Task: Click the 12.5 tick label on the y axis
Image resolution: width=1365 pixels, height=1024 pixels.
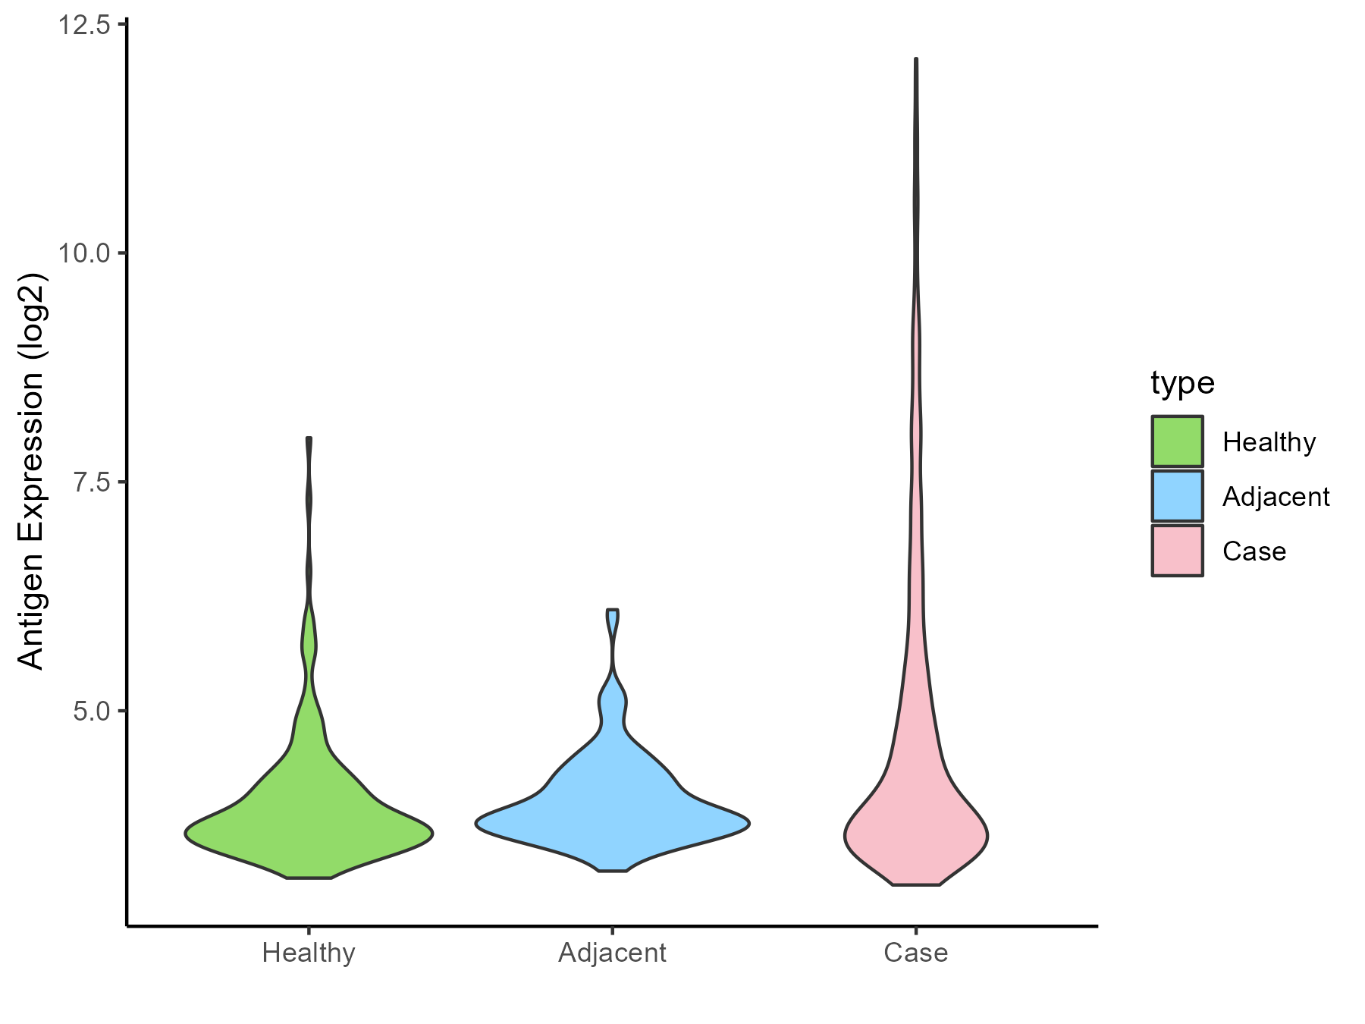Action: (83, 25)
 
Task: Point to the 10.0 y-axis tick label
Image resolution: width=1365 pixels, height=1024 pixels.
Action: (83, 253)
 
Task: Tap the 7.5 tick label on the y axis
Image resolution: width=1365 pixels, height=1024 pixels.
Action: (89, 482)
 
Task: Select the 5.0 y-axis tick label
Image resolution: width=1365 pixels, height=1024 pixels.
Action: (89, 711)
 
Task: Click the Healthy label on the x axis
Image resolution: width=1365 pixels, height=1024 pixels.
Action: (309, 953)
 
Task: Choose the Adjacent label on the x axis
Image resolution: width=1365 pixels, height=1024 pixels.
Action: (612, 953)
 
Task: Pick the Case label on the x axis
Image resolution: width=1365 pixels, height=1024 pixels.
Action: (915, 953)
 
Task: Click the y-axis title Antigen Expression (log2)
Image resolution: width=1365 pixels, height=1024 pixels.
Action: (32, 470)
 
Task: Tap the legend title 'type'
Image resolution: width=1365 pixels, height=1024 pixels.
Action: (1182, 383)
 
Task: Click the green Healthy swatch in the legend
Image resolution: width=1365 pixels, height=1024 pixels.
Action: (1177, 441)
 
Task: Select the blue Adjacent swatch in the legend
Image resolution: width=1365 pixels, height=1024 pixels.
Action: (1177, 496)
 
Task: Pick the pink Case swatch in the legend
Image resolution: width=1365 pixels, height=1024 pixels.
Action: (1177, 551)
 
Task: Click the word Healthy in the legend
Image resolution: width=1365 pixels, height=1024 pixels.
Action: (1269, 441)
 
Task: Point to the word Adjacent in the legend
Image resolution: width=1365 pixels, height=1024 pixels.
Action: (1276, 497)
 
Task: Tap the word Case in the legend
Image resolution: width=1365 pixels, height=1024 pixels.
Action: (1254, 551)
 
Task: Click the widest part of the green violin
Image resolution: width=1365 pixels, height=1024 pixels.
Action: (309, 833)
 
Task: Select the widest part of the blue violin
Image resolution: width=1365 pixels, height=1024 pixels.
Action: (612, 824)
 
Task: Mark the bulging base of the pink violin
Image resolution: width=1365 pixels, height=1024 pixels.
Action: (916, 837)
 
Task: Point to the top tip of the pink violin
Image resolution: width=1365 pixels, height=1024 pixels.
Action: (916, 60)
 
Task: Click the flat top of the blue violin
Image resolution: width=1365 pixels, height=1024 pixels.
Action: (613, 611)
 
